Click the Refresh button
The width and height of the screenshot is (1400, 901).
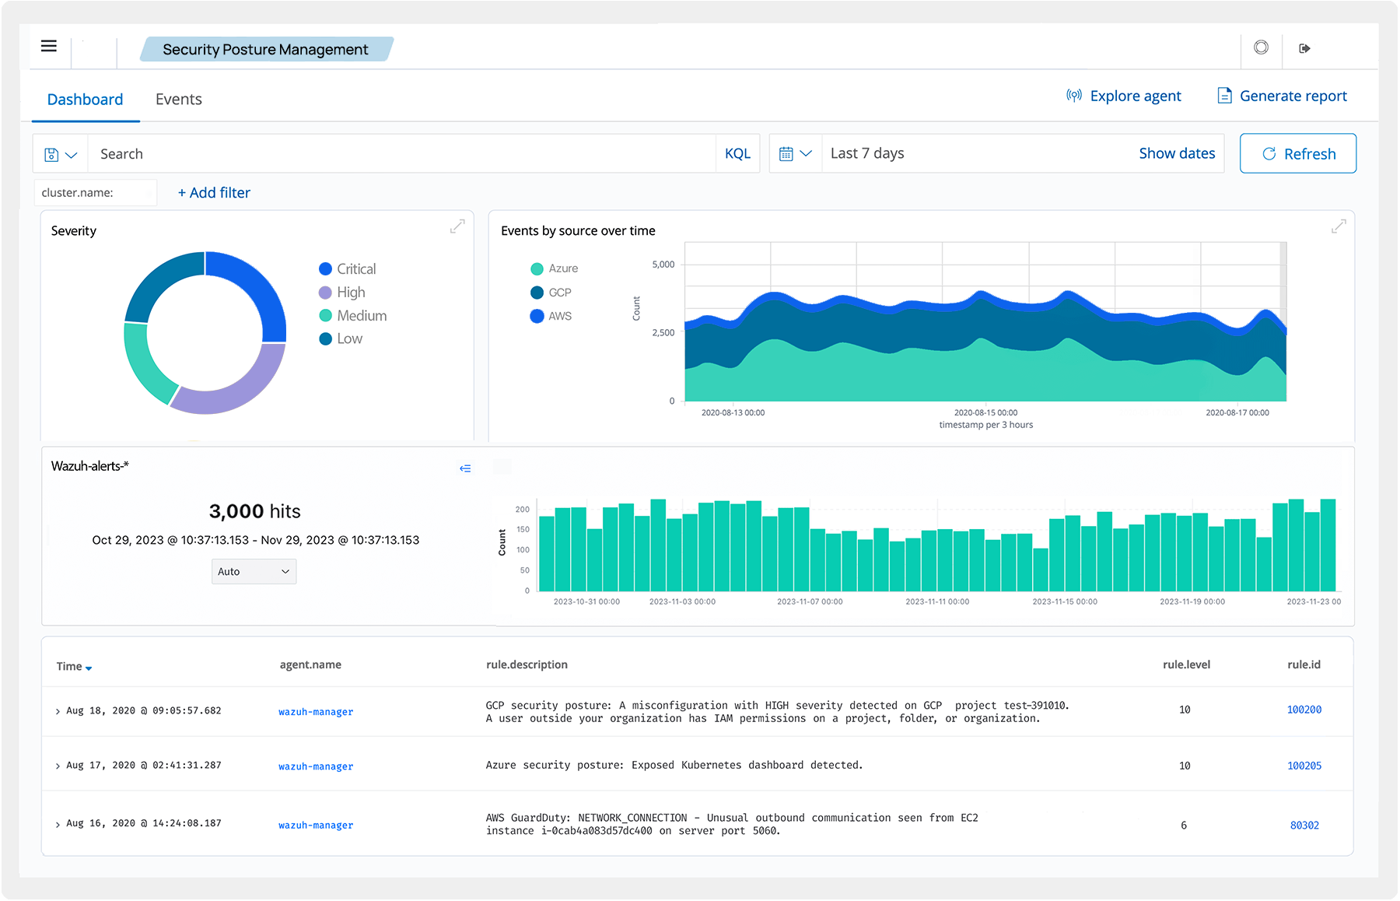(1297, 153)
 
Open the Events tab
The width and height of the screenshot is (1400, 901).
(178, 99)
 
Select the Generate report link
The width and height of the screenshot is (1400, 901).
(1282, 96)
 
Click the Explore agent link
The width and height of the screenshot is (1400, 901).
(1123, 96)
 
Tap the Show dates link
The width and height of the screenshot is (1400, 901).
(1177, 153)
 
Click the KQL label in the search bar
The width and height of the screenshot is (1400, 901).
(737, 153)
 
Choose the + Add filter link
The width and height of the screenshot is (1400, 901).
(214, 192)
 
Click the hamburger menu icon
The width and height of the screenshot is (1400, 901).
(49, 46)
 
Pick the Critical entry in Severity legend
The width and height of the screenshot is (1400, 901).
(348, 268)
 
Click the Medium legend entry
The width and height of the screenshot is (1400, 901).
(353, 315)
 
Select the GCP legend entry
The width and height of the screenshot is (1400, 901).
(551, 293)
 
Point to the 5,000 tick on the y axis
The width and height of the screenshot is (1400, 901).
(663, 265)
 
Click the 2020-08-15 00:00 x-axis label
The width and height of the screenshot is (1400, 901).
(985, 412)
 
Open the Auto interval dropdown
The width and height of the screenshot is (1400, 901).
(254, 571)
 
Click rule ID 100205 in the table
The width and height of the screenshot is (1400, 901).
(1304, 766)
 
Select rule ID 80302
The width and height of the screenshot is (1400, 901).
(1304, 825)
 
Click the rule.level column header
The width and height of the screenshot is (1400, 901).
(1186, 664)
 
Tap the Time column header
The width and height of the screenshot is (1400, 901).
(74, 666)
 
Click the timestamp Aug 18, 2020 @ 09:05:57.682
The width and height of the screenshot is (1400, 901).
(144, 710)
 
